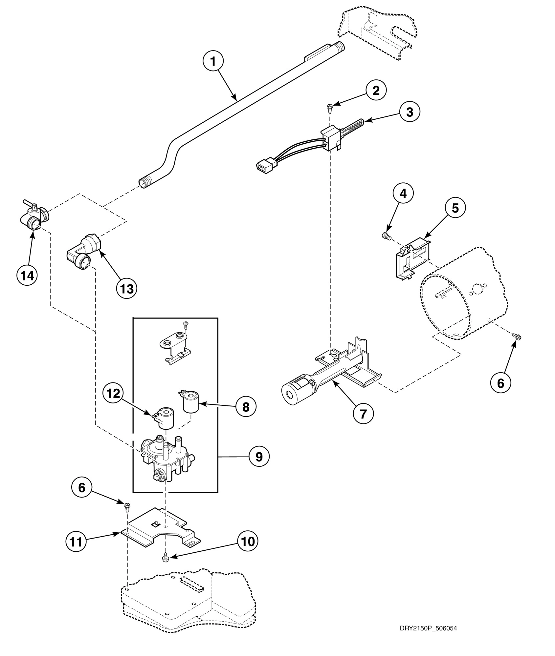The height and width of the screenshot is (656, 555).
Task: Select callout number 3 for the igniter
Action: [409, 112]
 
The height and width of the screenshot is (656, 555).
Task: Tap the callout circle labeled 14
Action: [27, 276]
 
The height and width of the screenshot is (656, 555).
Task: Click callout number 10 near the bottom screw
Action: [248, 542]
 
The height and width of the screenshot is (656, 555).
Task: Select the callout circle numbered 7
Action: [363, 414]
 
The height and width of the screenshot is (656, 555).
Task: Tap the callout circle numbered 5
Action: [455, 208]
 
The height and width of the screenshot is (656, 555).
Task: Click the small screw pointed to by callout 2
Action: [329, 107]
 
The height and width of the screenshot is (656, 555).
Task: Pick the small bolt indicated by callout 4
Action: [386, 236]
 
